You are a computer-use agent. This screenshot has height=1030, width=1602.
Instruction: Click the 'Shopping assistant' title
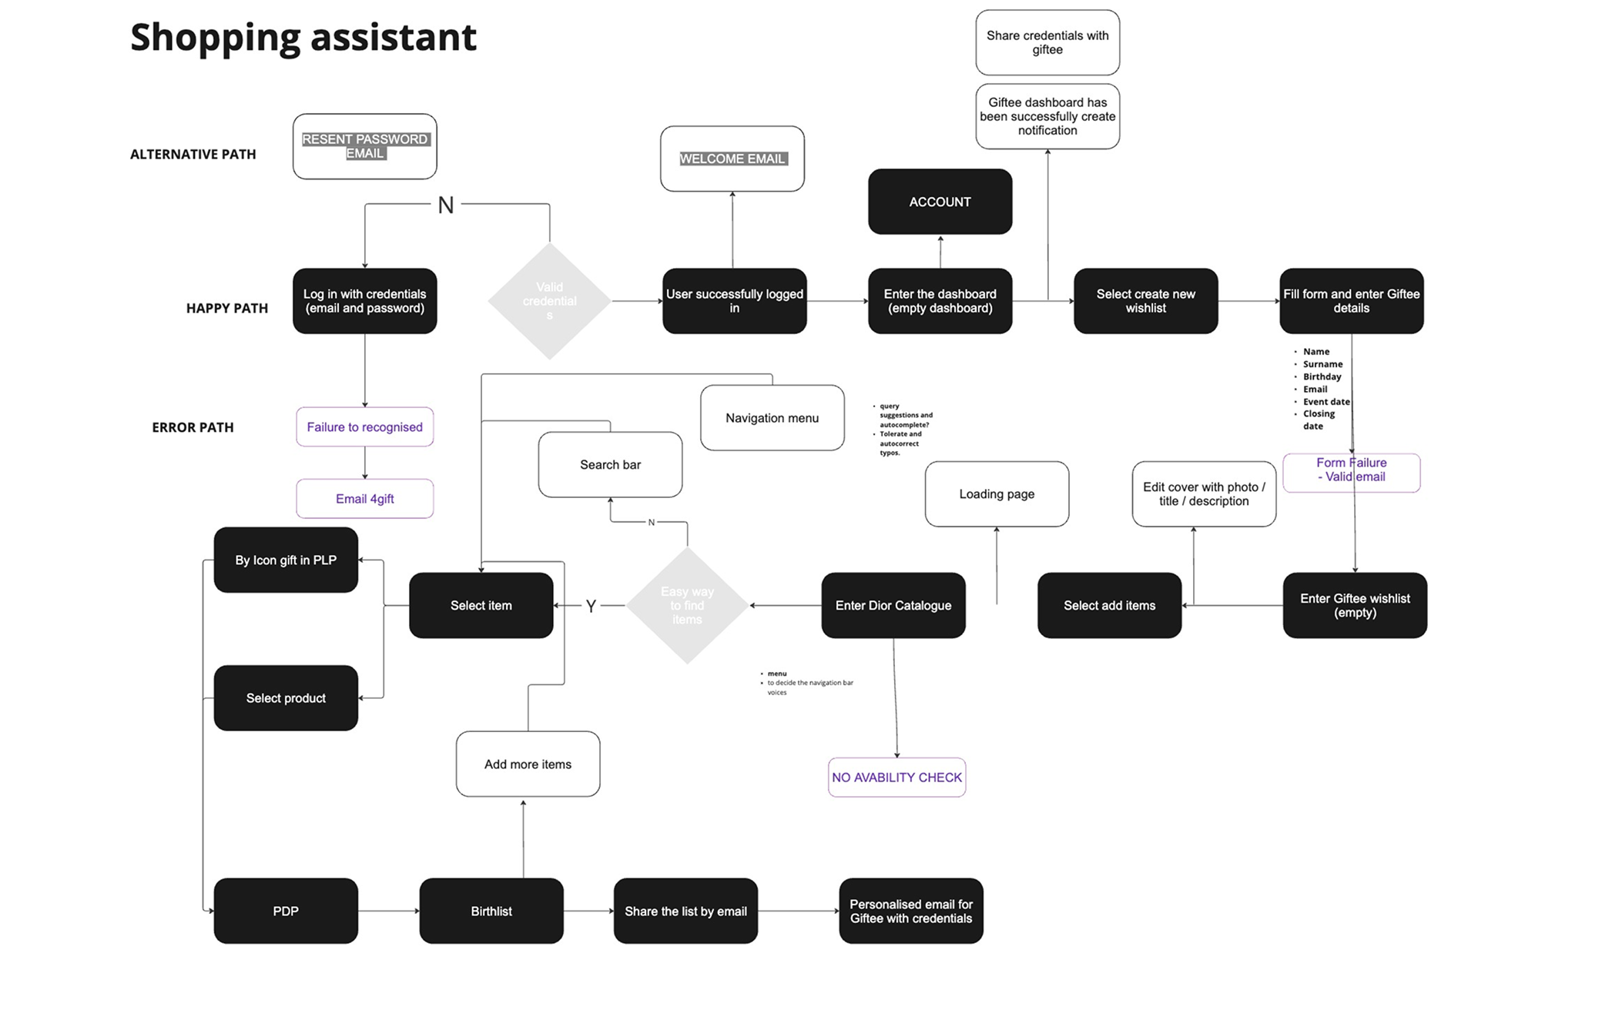click(x=303, y=37)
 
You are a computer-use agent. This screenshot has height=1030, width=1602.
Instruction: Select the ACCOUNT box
click(x=940, y=202)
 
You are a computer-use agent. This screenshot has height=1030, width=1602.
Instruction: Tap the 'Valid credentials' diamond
click(x=549, y=301)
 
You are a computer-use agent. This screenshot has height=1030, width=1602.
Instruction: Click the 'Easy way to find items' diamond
click(x=687, y=605)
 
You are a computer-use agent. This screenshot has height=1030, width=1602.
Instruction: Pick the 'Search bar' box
click(x=610, y=465)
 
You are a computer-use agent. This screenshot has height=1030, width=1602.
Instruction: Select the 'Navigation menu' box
click(x=772, y=418)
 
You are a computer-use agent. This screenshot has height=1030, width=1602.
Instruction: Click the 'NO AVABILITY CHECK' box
click(x=897, y=778)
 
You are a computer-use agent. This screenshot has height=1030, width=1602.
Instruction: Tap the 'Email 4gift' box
click(x=364, y=499)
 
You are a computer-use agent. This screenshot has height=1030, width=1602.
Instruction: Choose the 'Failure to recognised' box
click(x=364, y=427)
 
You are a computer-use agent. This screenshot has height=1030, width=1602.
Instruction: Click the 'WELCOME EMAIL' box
click(x=732, y=159)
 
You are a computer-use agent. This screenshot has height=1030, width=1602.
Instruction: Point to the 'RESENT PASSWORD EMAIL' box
click(x=364, y=146)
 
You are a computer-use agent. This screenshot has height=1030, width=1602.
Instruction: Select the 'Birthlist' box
click(x=491, y=911)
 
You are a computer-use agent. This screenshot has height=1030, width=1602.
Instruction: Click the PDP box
click(x=286, y=911)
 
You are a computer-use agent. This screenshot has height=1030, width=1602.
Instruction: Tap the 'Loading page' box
click(x=997, y=494)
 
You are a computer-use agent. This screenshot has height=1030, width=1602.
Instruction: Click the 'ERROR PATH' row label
click(x=193, y=427)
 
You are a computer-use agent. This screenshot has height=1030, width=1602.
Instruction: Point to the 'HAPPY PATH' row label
click(x=227, y=308)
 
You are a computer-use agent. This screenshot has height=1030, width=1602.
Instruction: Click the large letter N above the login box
click(x=446, y=206)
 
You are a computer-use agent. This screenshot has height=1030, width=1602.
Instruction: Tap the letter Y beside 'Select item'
click(x=591, y=607)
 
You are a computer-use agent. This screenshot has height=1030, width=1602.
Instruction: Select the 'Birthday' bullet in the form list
click(x=1322, y=376)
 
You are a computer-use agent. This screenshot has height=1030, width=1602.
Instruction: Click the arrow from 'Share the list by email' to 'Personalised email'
click(x=798, y=911)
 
